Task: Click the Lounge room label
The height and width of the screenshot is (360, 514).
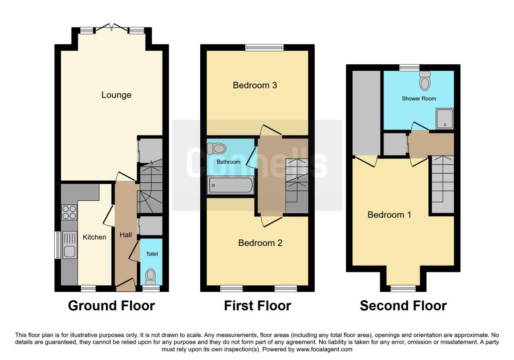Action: point(116,95)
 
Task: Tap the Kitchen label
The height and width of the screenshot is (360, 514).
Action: point(95,237)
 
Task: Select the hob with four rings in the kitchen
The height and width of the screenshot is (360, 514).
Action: point(69,212)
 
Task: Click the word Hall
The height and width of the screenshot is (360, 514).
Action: point(125,234)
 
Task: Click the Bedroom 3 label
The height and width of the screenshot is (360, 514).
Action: point(255,85)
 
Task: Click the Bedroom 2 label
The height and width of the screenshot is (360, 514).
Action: point(260,243)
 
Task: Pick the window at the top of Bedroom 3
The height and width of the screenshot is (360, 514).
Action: point(265,48)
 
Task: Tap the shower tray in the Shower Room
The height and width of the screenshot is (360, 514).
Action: point(444,118)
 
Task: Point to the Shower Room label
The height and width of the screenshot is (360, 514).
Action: point(419,99)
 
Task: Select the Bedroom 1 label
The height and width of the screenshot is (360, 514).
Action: point(390,215)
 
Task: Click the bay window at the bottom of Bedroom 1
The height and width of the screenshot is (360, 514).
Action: point(403,288)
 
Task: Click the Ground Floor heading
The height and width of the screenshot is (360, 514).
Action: point(111,305)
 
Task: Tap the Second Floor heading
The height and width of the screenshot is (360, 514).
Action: point(403,305)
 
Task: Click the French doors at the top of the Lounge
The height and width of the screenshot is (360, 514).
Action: point(111,28)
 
